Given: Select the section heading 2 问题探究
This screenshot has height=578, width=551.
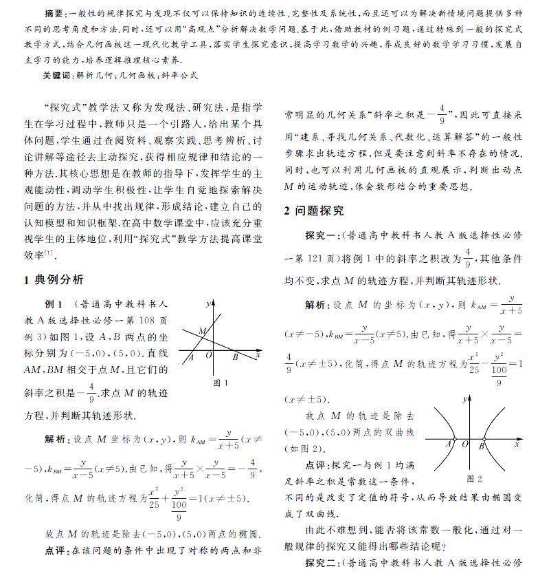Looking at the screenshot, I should tap(315, 211).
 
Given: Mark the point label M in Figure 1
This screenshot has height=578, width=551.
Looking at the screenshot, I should tap(202, 332).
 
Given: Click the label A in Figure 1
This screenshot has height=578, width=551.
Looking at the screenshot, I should tap(191, 356).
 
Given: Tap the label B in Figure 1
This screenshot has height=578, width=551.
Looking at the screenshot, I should tap(235, 356).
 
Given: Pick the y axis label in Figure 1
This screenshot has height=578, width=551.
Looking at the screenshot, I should tap(207, 303).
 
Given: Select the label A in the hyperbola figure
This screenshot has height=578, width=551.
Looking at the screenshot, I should tap(448, 445).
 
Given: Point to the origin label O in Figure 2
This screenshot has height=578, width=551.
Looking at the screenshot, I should tap(464, 445).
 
